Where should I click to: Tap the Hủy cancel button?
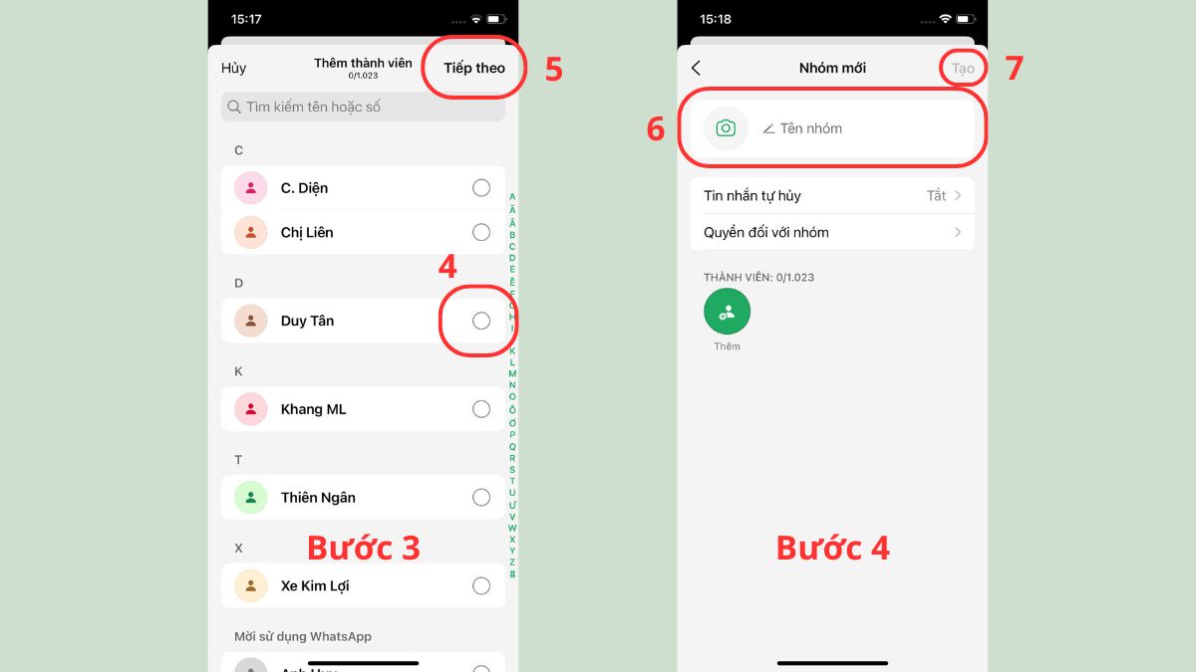[233, 68]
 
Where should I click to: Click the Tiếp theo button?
[474, 68]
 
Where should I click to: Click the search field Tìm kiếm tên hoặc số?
[363, 107]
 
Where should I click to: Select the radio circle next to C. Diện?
[481, 188]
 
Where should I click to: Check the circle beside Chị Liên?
[481, 232]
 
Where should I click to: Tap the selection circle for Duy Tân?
[481, 321]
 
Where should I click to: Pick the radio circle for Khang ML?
[481, 409]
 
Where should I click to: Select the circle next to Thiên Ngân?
[481, 498]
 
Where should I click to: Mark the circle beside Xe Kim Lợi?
[481, 586]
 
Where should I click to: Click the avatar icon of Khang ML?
[250, 409]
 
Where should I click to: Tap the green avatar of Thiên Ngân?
[250, 498]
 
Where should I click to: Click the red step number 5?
[553, 70]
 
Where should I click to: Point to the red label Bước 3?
[363, 548]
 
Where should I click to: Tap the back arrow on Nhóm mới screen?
[696, 68]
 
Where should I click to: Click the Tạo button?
[962, 68]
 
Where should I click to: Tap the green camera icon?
[726, 128]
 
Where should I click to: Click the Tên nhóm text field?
[857, 128]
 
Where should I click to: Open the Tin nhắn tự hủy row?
[831, 195]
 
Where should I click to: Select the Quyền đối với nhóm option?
[831, 232]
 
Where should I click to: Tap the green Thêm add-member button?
[727, 312]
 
